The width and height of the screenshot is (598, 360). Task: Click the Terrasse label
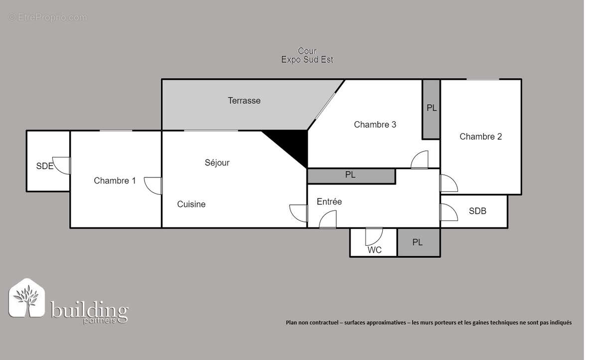(x=244, y=101)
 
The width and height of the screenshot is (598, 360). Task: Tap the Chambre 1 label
(x=115, y=180)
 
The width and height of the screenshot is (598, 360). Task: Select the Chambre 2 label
(x=480, y=137)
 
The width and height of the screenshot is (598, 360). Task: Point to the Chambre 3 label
(x=375, y=125)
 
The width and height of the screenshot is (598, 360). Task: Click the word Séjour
(x=217, y=163)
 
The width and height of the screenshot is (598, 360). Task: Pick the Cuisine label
(x=191, y=204)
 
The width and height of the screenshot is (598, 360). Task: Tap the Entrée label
(x=329, y=202)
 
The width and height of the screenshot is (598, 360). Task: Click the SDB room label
(x=477, y=211)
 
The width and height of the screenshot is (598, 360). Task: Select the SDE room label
(x=44, y=167)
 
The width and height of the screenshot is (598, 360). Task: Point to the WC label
(x=374, y=250)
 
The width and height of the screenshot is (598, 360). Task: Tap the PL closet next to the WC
(x=418, y=242)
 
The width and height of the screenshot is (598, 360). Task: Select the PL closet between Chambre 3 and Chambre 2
(x=431, y=108)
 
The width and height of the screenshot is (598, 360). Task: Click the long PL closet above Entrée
(x=351, y=176)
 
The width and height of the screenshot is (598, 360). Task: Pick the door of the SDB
(x=448, y=212)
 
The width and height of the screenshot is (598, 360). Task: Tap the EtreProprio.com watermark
(x=48, y=17)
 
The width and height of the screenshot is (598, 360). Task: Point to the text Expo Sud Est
(x=307, y=60)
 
